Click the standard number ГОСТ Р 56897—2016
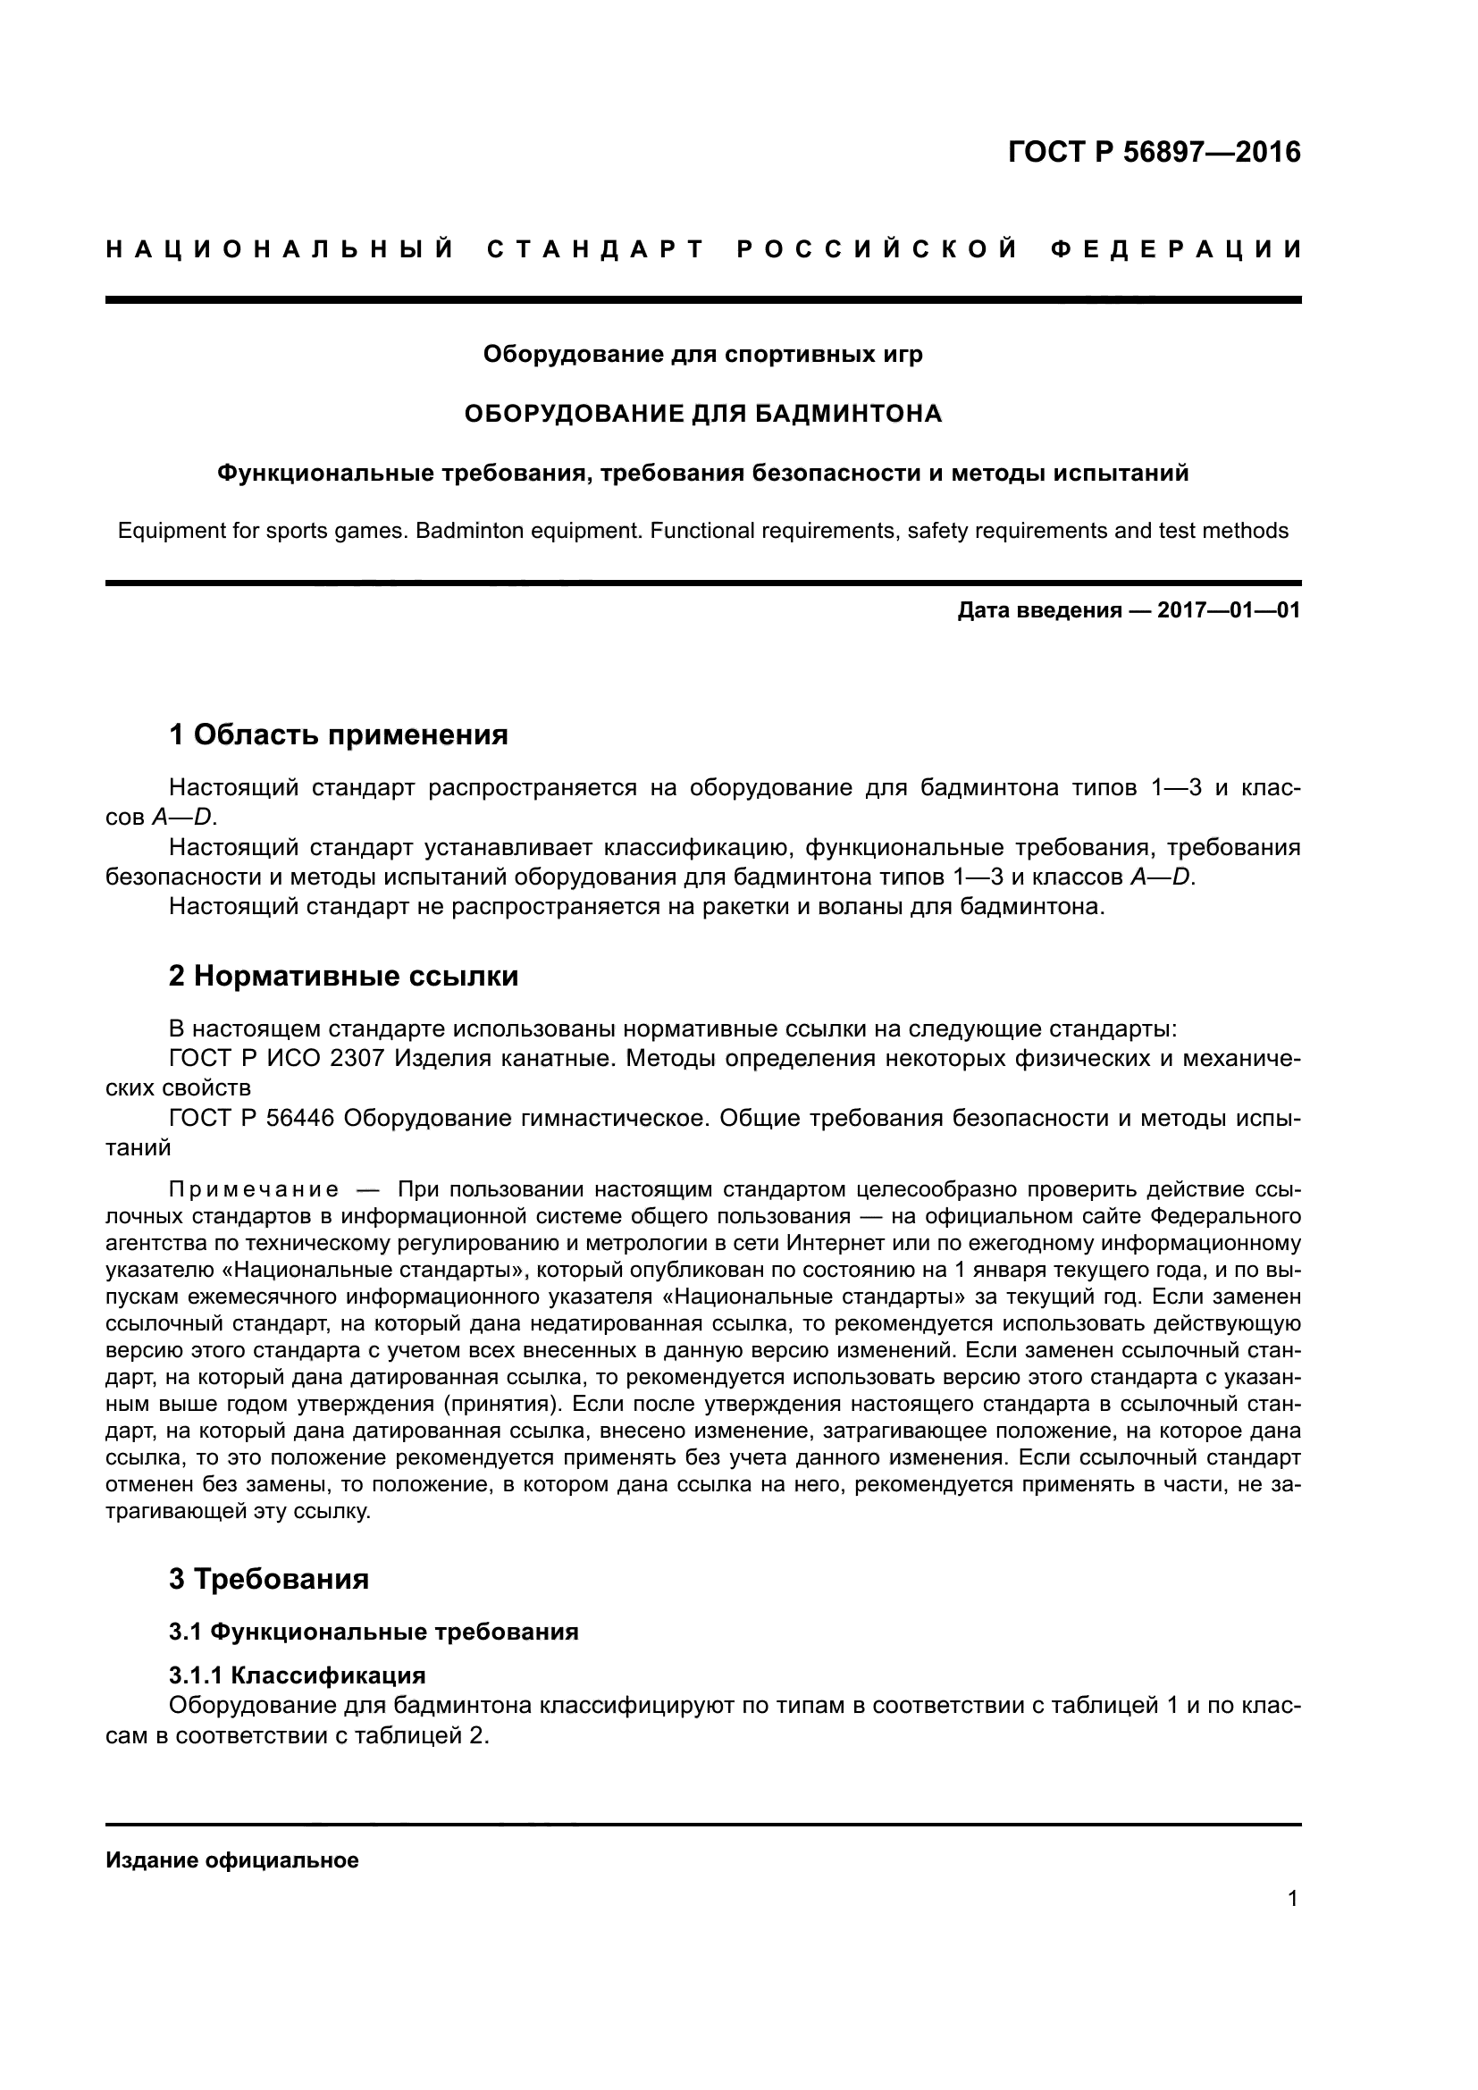[x=1154, y=152]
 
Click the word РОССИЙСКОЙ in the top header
[x=877, y=249]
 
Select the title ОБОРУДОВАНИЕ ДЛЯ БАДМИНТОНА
[x=702, y=414]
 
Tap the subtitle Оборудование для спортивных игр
[x=702, y=353]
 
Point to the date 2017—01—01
[x=1229, y=610]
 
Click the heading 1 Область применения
[x=339, y=734]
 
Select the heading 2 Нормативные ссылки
[x=344, y=976]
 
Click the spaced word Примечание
[x=254, y=1189]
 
